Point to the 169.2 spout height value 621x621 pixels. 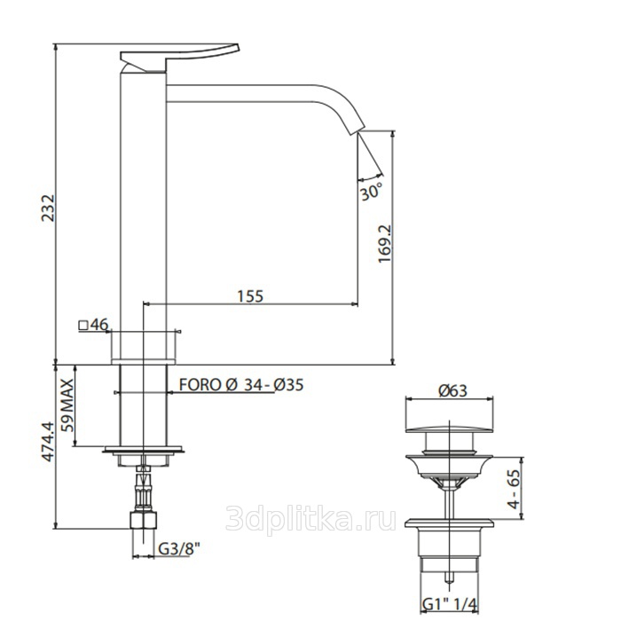click(384, 244)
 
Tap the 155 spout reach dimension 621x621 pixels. click(250, 295)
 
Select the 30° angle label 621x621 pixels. click(371, 193)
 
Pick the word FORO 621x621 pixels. click(200, 385)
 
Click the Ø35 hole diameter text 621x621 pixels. click(288, 385)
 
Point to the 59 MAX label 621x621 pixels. click(67, 405)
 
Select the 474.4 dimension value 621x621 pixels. click(48, 441)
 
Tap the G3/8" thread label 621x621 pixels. click(179, 549)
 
